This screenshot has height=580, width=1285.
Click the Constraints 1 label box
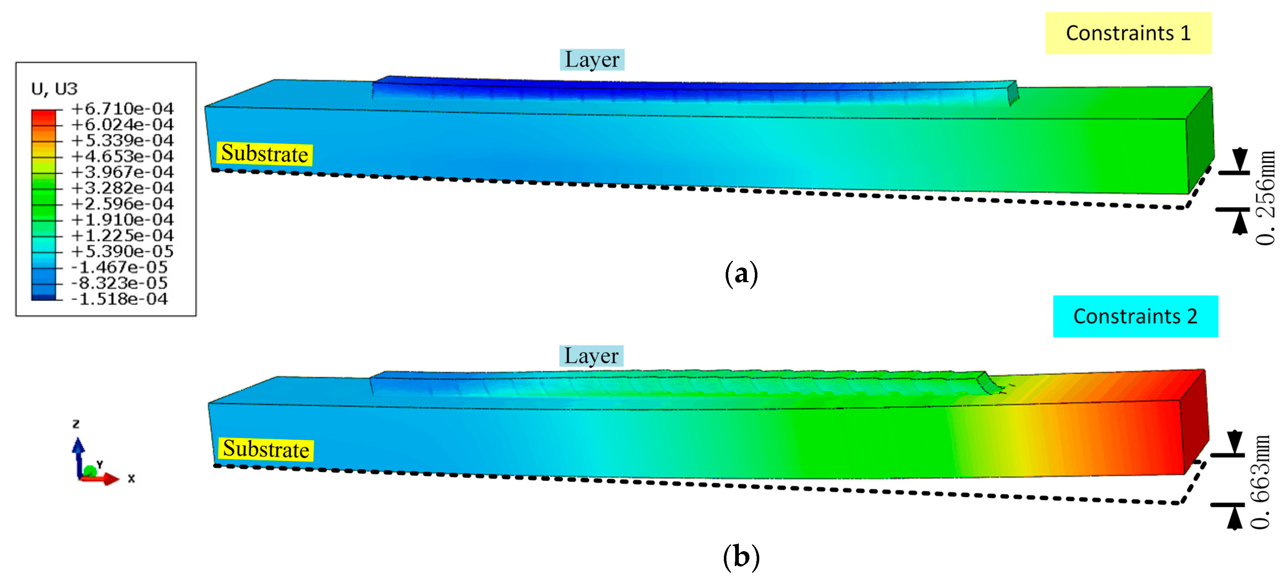pos(1128,33)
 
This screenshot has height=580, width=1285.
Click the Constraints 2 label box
pos(1135,316)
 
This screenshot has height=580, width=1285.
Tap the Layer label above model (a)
pos(592,59)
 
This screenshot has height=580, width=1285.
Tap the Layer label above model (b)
pos(591,356)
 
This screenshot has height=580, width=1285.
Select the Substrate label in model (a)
pos(265,153)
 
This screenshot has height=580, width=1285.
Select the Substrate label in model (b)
pos(266,449)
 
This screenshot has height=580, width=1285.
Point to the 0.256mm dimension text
pos(1265,198)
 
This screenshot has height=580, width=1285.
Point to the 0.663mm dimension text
pos(1261,482)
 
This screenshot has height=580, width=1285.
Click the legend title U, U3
pos(54,89)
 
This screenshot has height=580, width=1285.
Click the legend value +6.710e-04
pos(122,108)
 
